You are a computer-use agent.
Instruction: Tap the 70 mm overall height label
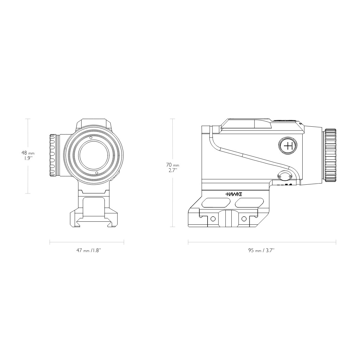[172, 167]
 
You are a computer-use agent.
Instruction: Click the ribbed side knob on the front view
[53, 156]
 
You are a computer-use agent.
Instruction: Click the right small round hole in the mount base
[244, 218]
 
